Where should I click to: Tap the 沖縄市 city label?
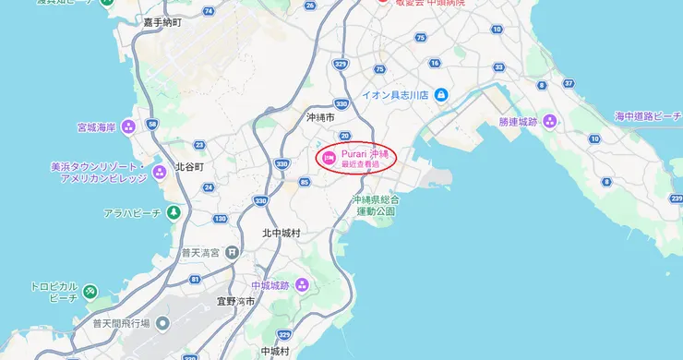click(323, 118)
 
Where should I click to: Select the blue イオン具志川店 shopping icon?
click(441, 95)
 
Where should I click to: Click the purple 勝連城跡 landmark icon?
click(550, 121)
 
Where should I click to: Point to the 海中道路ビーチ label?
click(648, 116)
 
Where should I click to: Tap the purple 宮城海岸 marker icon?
click(128, 126)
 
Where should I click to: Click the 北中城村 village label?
click(281, 233)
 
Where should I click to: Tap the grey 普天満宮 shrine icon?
click(232, 252)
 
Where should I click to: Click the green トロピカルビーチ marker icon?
click(90, 293)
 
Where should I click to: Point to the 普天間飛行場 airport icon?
click(162, 323)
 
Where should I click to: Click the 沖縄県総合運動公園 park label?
click(376, 205)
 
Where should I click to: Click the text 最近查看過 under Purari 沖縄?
click(360, 164)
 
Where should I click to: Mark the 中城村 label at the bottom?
click(274, 352)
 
